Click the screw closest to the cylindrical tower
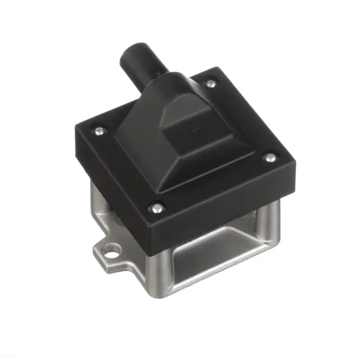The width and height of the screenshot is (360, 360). pos(210,84)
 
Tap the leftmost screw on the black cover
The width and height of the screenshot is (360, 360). pos(99,131)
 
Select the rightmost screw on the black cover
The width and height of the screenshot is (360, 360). pos(270,157)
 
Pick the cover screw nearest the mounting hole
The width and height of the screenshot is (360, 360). pos(156,209)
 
